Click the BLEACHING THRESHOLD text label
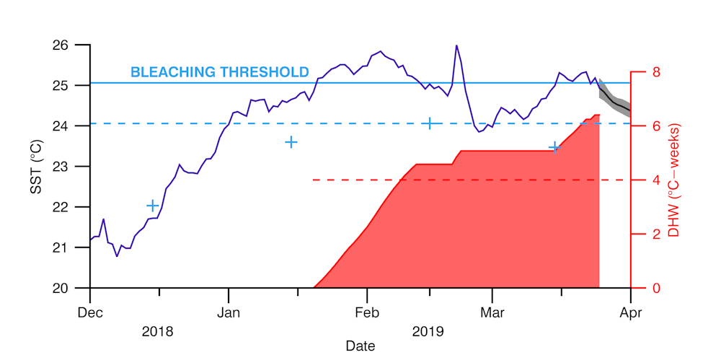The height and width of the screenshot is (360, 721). coord(219,72)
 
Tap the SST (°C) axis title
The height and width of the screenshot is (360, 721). coord(35,167)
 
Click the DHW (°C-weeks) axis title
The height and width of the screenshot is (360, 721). coord(674,180)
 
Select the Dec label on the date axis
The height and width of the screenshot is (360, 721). coord(90,313)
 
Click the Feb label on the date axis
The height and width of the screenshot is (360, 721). coord(367,313)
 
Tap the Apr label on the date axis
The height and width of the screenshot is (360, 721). coord(631,313)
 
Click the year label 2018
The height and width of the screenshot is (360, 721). coord(157,332)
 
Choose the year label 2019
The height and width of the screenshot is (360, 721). coord(428,332)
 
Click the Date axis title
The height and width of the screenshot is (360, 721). coord(360,346)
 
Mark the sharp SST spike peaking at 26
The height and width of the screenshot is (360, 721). coord(456,46)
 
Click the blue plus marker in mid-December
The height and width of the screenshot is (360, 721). coord(152,206)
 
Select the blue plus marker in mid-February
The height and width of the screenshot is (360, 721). coord(430,123)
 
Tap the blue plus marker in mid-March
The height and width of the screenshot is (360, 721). coord(554,148)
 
